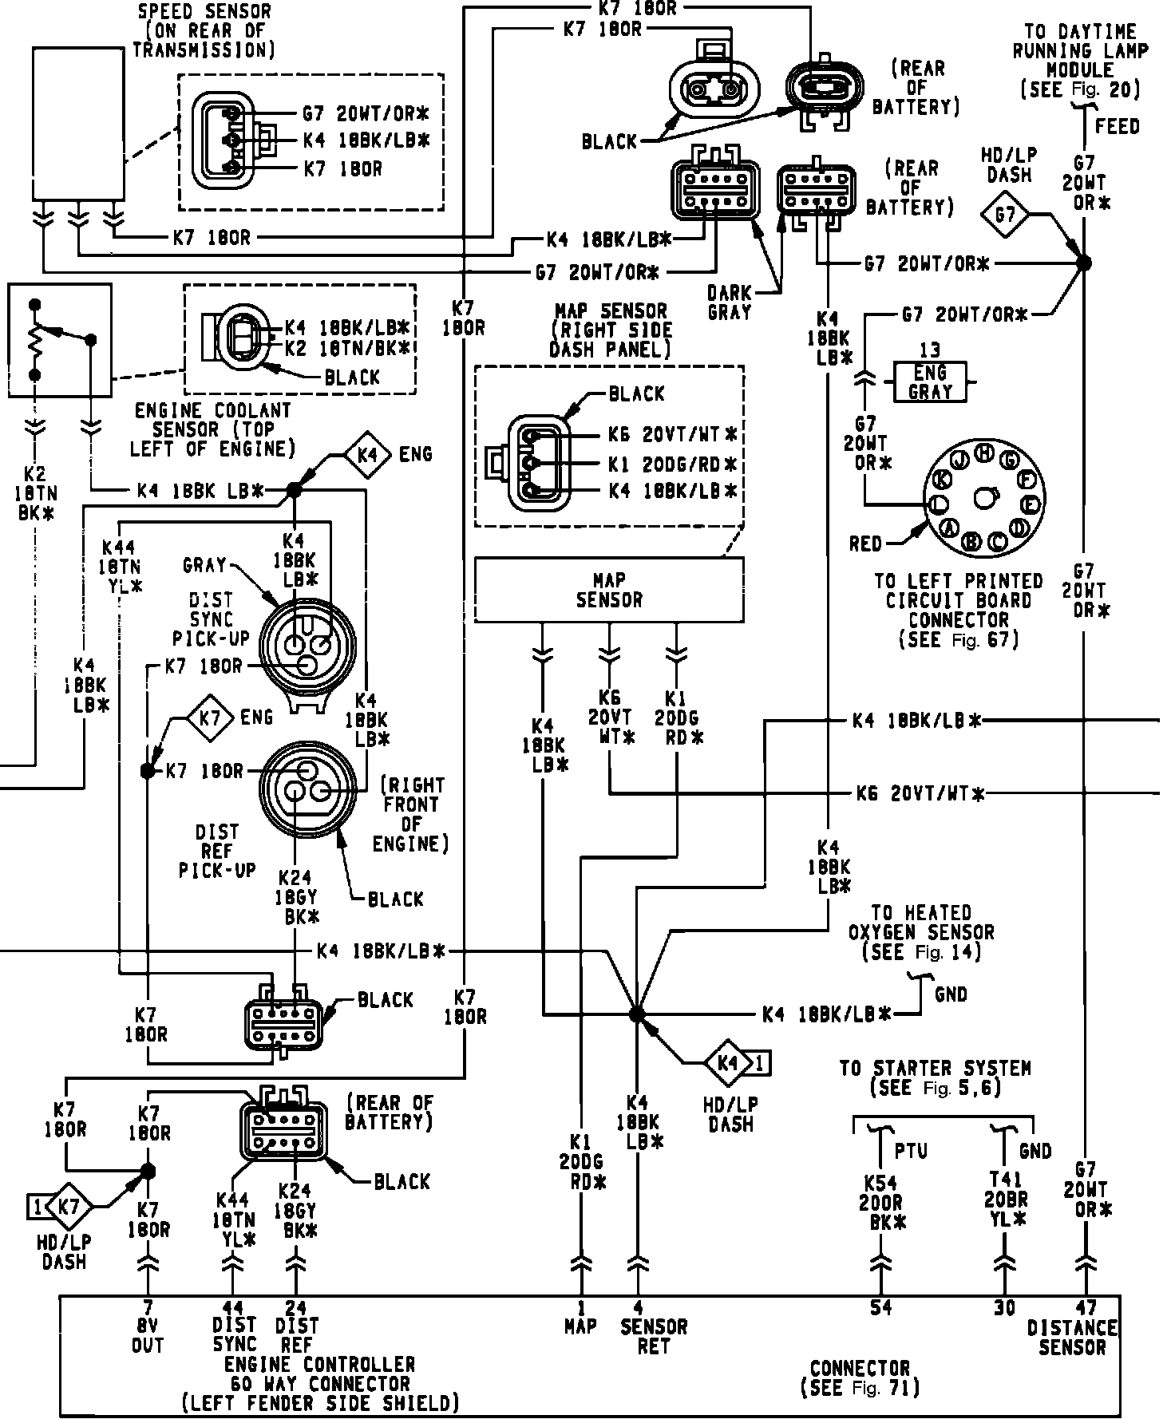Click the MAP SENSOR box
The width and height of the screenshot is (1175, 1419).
pyautogui.click(x=609, y=590)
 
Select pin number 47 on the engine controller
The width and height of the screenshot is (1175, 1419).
pyautogui.click(x=1086, y=1308)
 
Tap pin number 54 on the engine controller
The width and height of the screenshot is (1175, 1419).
pyautogui.click(x=881, y=1307)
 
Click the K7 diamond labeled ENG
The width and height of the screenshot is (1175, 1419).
pyautogui.click(x=210, y=717)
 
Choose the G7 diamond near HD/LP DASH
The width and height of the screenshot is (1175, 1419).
pyautogui.click(x=1005, y=215)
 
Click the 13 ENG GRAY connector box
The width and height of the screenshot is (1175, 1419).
pyautogui.click(x=930, y=382)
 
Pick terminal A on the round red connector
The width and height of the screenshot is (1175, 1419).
pyautogui.click(x=950, y=528)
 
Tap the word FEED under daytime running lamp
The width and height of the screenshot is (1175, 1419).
pyautogui.click(x=1118, y=126)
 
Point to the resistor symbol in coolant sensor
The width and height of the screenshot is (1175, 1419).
pyautogui.click(x=34, y=341)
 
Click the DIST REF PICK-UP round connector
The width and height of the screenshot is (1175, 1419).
pyautogui.click(x=307, y=789)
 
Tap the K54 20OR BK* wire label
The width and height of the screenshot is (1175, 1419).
pyautogui.click(x=882, y=1202)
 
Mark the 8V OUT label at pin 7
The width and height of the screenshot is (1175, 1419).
pyautogui.click(x=148, y=1335)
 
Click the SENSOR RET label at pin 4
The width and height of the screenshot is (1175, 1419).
pyautogui.click(x=654, y=1336)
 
